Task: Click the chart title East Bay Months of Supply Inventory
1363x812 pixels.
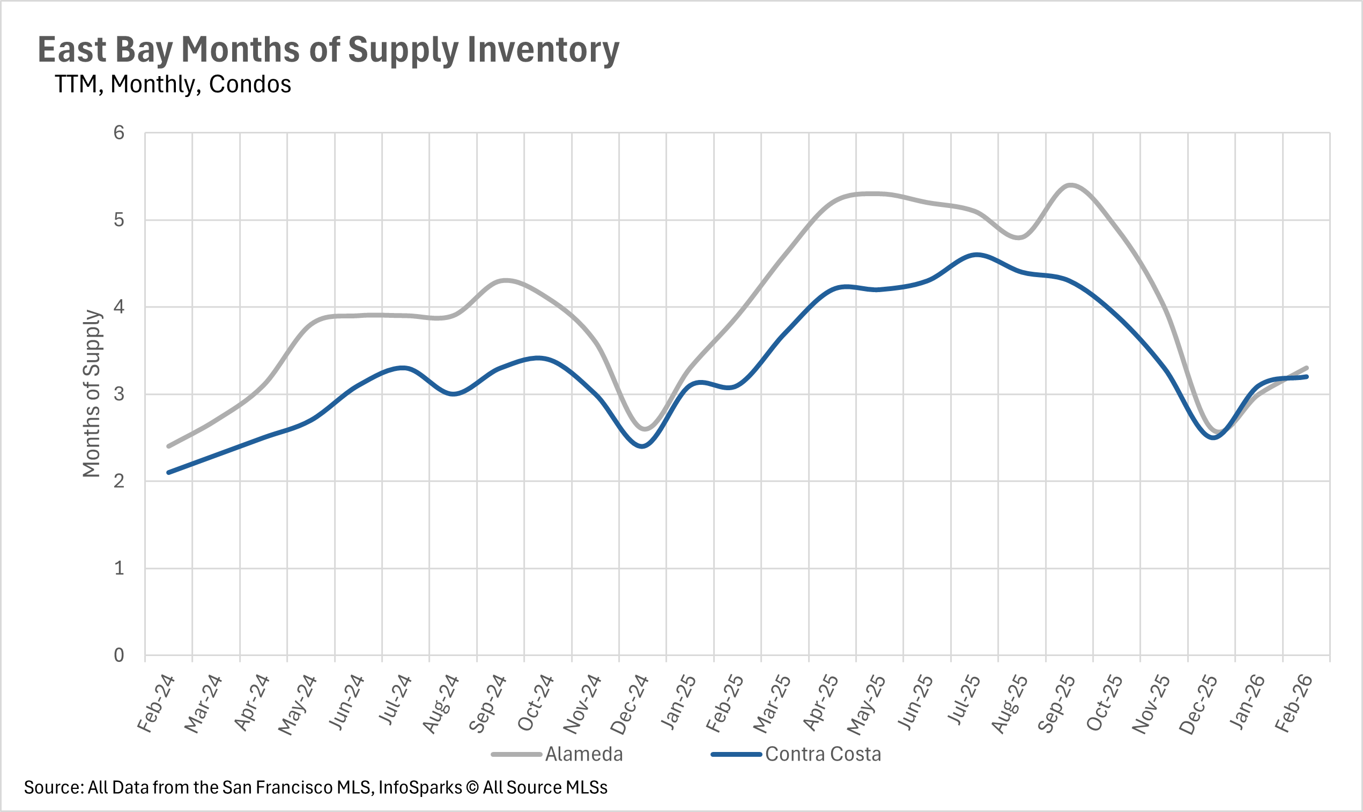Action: pyautogui.click(x=329, y=50)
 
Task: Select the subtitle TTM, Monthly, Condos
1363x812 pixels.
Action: pyautogui.click(x=173, y=84)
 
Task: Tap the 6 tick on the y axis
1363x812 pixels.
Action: pyautogui.click(x=119, y=133)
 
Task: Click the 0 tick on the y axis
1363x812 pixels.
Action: pyautogui.click(x=119, y=655)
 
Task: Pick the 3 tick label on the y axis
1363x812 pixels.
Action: pyautogui.click(x=119, y=394)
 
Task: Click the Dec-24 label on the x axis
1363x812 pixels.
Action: pyautogui.click(x=629, y=705)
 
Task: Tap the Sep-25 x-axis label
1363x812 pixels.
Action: pyautogui.click(x=1056, y=704)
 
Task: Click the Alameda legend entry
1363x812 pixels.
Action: pyautogui.click(x=583, y=754)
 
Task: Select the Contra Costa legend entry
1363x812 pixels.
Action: pyautogui.click(x=823, y=754)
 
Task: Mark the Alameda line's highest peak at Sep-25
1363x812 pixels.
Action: pyautogui.click(x=1070, y=185)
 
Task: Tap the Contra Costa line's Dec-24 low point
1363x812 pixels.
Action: pyautogui.click(x=643, y=446)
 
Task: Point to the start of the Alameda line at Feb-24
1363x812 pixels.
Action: pyautogui.click(x=168, y=446)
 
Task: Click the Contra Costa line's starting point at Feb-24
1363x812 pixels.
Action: pyautogui.click(x=168, y=472)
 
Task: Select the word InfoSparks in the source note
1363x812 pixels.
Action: pyautogui.click(x=420, y=787)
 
